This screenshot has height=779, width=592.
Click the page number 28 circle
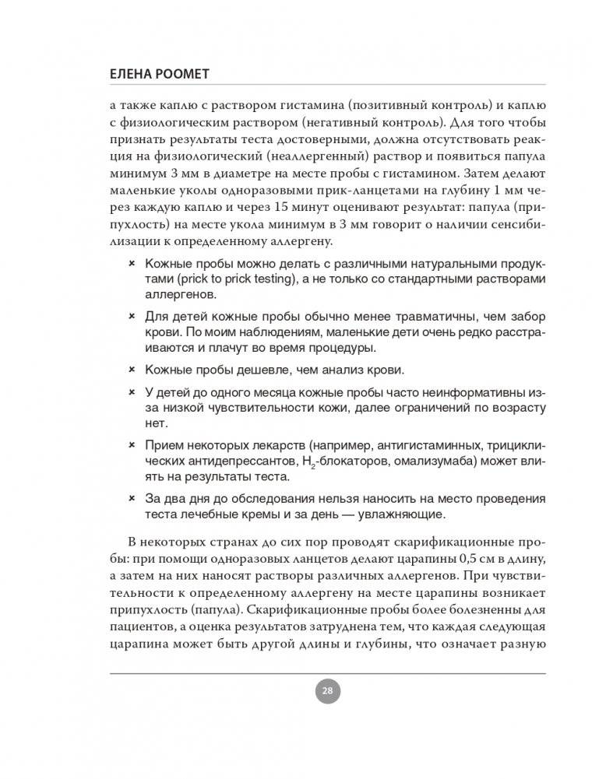click(x=327, y=690)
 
